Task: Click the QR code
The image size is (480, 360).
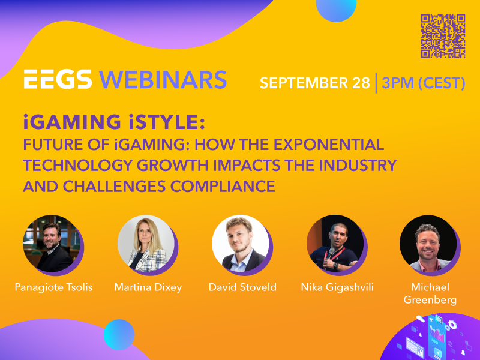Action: [x=443, y=36]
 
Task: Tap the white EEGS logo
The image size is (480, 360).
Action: [x=58, y=79]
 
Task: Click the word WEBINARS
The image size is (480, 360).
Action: [x=163, y=80]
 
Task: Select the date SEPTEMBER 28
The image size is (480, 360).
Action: [x=315, y=83]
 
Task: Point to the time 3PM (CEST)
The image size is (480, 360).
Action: [x=424, y=83]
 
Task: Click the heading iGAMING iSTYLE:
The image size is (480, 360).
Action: [x=114, y=122]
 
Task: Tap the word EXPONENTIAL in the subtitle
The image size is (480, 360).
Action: [x=329, y=145]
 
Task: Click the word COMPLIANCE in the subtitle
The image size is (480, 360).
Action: [x=223, y=186]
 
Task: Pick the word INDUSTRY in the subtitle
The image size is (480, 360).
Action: [x=358, y=166]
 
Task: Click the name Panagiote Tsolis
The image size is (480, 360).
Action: [x=53, y=287]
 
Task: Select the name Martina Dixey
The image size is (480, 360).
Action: [x=148, y=287]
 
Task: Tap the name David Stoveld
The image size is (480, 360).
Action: [x=242, y=287]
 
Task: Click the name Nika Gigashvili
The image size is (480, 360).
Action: [x=337, y=287]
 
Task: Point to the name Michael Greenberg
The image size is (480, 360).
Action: [x=430, y=293]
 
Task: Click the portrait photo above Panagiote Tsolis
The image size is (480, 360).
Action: [x=52, y=244]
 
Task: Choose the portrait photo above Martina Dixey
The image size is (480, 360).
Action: [x=146, y=244]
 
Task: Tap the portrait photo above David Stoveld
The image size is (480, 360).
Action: [x=241, y=244]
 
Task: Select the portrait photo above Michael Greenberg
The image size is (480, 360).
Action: [x=428, y=244]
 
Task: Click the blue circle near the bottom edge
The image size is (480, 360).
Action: [x=119, y=335]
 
